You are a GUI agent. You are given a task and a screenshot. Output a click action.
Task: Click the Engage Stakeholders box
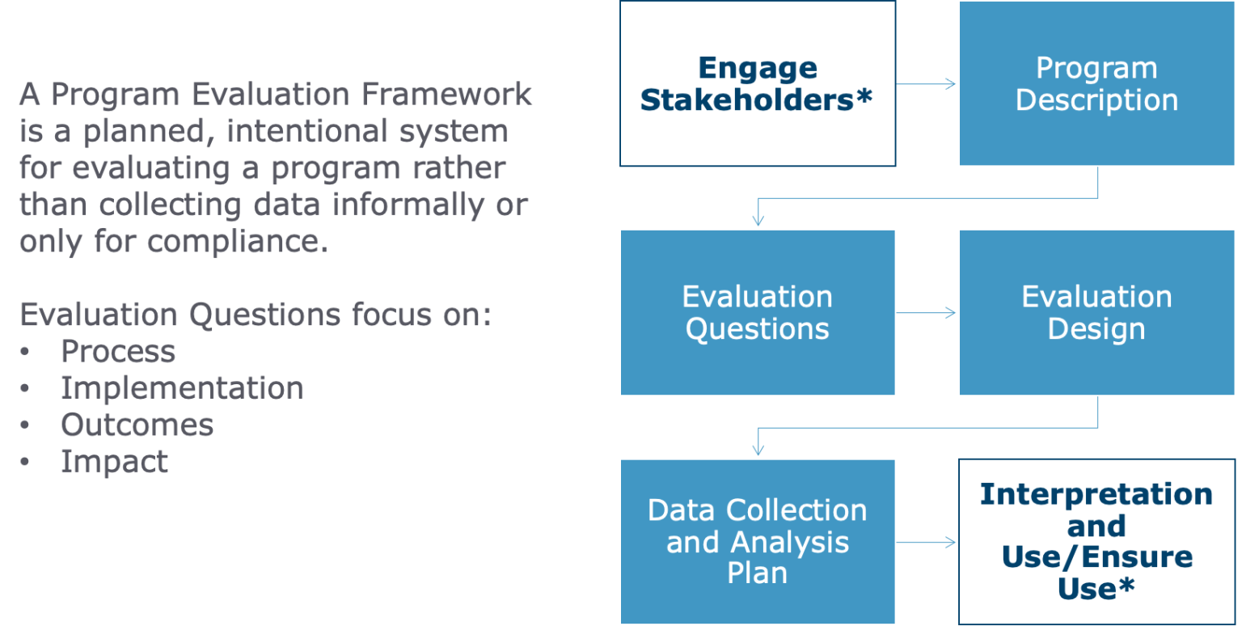pos(757,84)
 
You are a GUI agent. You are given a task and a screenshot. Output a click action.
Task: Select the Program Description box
pos(1096,84)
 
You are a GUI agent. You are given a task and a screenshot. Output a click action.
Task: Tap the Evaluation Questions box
pos(757,313)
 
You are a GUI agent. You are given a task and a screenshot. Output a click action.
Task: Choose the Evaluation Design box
pos(1096,313)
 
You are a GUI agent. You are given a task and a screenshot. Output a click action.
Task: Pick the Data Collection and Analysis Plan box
pos(757,541)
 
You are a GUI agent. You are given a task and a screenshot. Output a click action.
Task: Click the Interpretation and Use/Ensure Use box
pos(1096,541)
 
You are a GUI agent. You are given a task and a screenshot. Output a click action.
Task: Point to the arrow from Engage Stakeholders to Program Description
pos(927,84)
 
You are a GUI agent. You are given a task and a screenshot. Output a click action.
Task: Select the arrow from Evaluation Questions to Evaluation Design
pos(927,313)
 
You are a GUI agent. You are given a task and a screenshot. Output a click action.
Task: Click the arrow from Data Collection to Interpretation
pos(927,542)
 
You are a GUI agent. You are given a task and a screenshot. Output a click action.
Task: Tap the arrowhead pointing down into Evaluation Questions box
pos(758,221)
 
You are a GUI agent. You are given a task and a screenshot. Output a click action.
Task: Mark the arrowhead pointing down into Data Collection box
pos(758,450)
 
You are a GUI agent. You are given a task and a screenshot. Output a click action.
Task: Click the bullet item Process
pos(118,352)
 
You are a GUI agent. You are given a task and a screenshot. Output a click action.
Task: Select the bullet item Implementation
pos(182,388)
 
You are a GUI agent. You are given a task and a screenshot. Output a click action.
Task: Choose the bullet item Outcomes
pos(137,425)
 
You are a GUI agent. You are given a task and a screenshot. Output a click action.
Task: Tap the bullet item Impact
pos(114,462)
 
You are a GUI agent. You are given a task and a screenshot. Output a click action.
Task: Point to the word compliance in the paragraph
pos(238,242)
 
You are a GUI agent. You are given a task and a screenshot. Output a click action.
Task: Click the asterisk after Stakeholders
pos(864,98)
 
